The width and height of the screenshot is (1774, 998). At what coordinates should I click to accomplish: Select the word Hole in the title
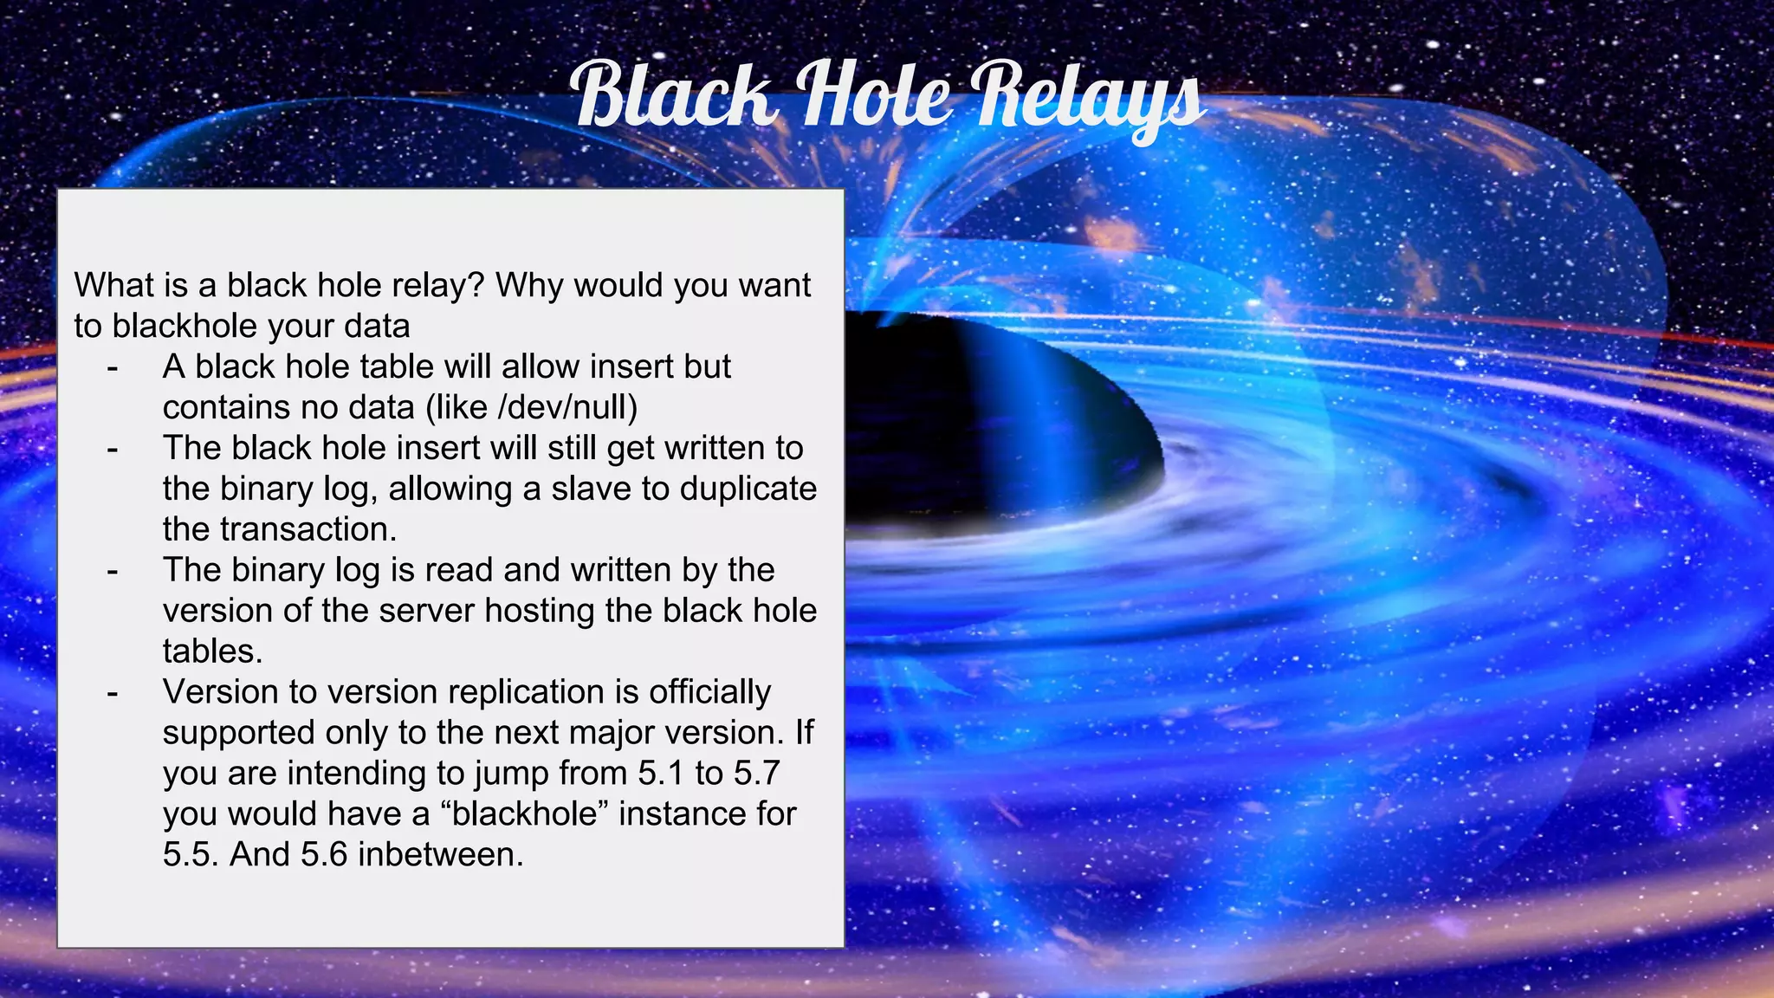[x=874, y=94]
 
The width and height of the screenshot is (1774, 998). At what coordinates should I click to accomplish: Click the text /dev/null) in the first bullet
[x=568, y=407]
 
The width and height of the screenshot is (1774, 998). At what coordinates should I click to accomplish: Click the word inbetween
[x=441, y=854]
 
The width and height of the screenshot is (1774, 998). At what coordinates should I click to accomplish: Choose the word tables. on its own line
[x=212, y=651]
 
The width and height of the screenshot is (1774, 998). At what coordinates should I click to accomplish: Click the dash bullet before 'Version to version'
[x=112, y=693]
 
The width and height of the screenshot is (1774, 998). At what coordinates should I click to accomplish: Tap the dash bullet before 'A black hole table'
[x=112, y=368]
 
